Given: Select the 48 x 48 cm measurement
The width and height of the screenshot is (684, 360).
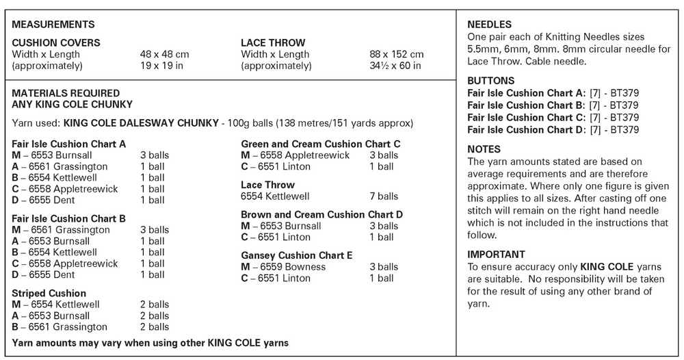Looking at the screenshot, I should click(x=165, y=55).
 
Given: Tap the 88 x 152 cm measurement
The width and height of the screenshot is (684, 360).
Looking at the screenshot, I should click(x=396, y=55).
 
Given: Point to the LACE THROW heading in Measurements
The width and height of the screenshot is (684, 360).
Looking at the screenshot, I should click(x=273, y=43).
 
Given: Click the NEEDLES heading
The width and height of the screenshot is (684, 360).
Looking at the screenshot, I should click(x=490, y=25).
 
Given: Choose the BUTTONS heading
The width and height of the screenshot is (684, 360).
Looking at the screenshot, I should click(x=491, y=81).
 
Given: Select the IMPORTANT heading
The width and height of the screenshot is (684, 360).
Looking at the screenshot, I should click(x=496, y=255).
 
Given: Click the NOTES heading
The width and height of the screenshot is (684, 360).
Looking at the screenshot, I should click(x=484, y=149).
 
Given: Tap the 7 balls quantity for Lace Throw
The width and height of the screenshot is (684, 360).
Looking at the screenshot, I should click(x=384, y=196).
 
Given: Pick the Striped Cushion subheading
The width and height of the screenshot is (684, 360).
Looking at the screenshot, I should click(x=49, y=293).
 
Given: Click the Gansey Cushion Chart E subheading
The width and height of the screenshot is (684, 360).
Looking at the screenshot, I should click(x=297, y=255).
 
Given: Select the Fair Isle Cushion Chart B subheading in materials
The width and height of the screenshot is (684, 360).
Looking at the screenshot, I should click(x=69, y=218).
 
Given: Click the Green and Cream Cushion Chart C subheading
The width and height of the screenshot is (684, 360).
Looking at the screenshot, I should click(x=320, y=144).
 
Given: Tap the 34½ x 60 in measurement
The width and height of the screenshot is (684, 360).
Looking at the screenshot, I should click(x=395, y=66).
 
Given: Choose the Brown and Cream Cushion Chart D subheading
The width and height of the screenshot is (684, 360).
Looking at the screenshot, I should click(x=321, y=214).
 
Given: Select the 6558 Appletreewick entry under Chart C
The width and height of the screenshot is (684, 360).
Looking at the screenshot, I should click(x=295, y=155).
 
